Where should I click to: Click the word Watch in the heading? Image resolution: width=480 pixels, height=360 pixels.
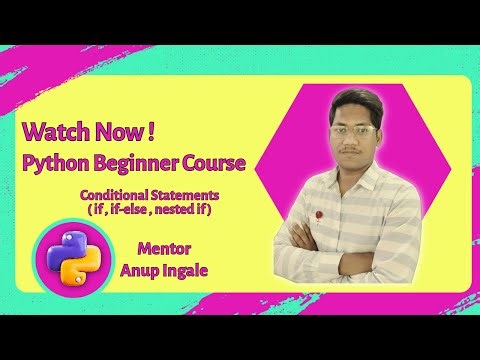point(52,131)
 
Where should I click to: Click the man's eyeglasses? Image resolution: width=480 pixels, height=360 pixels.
point(354,131)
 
